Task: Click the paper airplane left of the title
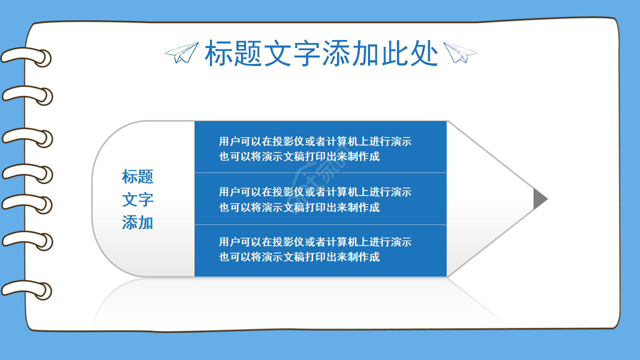(182, 52)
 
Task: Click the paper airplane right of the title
(460, 52)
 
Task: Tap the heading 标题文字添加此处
(321, 53)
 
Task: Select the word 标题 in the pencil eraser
(137, 176)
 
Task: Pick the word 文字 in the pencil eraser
(137, 199)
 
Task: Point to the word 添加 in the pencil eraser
(137, 222)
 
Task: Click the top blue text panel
(320, 147)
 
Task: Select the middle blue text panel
(320, 199)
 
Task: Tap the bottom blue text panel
(320, 250)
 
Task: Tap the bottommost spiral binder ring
(27, 289)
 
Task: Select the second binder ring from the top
(27, 95)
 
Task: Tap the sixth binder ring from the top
(27, 239)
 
